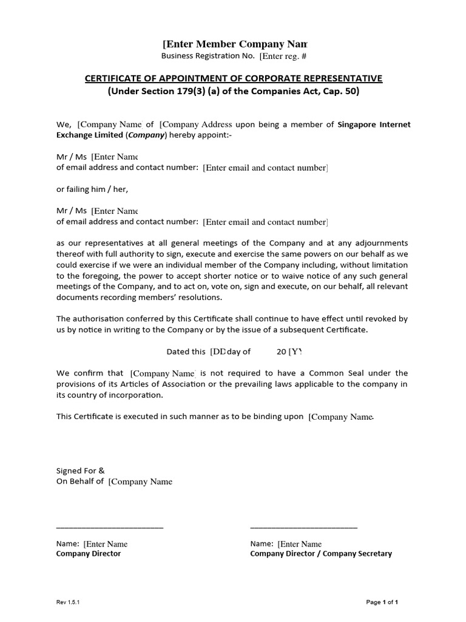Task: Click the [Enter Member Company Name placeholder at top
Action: click(x=235, y=44)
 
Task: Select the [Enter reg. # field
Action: click(x=283, y=56)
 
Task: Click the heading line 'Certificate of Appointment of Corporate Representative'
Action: click(x=233, y=78)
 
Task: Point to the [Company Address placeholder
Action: click(x=195, y=125)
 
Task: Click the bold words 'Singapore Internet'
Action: click(x=374, y=125)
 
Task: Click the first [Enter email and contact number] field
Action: click(x=265, y=168)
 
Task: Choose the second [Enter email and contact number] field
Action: click(x=265, y=222)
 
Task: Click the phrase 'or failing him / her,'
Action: click(x=92, y=189)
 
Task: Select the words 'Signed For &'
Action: click(x=81, y=470)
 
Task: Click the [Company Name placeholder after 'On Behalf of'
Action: click(x=140, y=482)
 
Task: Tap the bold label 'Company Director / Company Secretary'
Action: click(x=321, y=554)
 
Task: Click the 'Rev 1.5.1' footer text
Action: click(x=68, y=602)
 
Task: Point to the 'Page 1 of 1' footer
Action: click(x=382, y=602)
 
